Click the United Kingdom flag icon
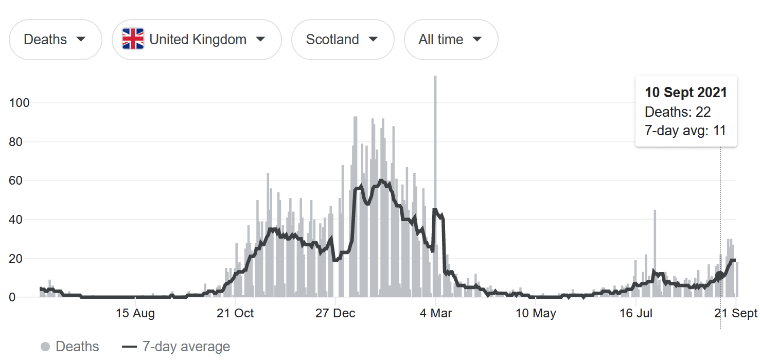tap(133, 40)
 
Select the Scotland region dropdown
tap(342, 40)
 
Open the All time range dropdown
tap(451, 40)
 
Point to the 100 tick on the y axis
tap(20, 103)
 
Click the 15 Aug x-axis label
tap(135, 313)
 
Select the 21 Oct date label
tap(236, 313)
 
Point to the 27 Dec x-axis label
tap(335, 313)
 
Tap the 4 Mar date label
tap(436, 313)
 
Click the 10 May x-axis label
tap(536, 313)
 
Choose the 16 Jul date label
tap(636, 313)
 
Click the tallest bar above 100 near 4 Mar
tap(435, 154)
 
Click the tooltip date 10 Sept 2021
tap(686, 93)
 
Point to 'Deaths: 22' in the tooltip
tap(678, 112)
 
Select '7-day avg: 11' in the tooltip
tap(685, 131)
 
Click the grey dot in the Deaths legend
tap(45, 347)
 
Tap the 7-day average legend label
tap(186, 347)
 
